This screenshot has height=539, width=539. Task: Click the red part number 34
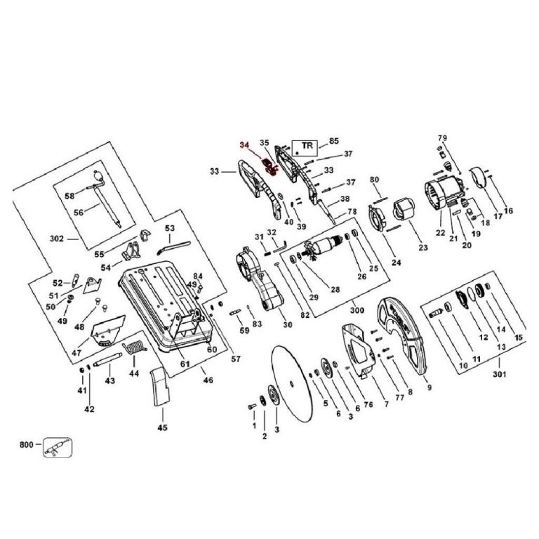244,145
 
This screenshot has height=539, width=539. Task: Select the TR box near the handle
305,148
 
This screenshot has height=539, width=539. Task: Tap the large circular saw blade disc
291,383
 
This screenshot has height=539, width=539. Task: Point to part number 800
27,445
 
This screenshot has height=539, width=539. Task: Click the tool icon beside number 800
58,447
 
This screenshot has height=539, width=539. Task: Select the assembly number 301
500,373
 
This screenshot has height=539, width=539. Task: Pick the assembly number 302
57,239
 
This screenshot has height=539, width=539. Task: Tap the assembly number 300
357,310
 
